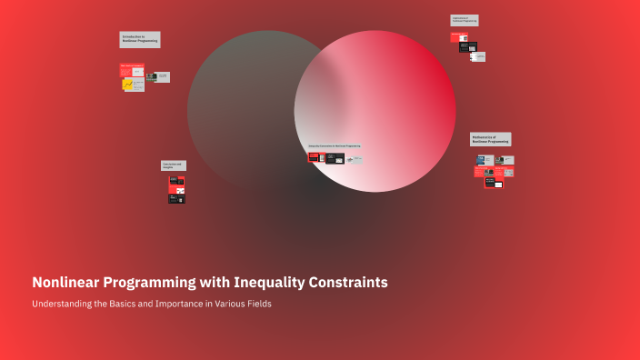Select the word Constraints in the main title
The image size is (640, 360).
tap(349, 283)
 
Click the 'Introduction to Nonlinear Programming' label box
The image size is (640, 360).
tap(140, 40)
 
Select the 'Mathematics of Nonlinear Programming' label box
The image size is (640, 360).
tap(490, 139)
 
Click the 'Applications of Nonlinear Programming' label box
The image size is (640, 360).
tap(464, 20)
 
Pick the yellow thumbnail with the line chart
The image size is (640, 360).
tap(128, 85)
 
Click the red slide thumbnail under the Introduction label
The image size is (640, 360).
tap(132, 69)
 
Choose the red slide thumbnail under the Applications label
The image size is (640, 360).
tap(459, 38)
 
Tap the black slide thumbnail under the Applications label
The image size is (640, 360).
tap(468, 47)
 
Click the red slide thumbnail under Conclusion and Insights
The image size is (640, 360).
tap(176, 180)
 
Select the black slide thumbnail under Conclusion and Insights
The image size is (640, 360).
tap(176, 197)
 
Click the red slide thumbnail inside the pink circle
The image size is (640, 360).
tap(314, 156)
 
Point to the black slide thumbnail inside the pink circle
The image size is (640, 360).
tap(335, 158)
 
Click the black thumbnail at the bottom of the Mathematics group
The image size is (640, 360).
tap(494, 182)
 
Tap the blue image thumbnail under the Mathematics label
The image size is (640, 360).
tap(481, 160)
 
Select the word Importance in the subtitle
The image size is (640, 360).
tap(168, 304)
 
